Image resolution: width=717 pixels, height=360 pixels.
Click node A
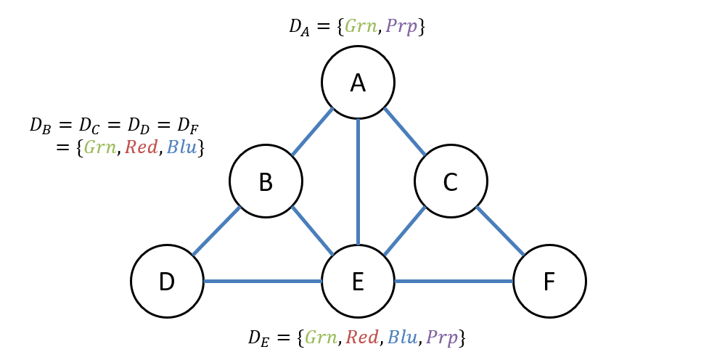(358, 83)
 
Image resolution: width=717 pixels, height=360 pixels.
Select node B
(266, 181)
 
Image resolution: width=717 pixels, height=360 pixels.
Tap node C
(451, 181)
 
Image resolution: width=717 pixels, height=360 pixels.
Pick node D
(167, 281)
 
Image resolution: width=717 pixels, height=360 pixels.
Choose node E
(358, 281)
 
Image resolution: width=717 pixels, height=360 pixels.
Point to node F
(549, 281)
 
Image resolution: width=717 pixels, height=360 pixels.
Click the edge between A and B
(312, 132)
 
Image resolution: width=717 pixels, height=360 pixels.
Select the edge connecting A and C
(405, 131)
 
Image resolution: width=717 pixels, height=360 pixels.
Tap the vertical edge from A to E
(358, 181)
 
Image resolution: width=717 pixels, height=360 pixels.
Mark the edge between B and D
(216, 232)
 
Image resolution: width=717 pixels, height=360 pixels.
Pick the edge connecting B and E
(313, 231)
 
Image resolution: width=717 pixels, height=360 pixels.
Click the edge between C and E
(404, 232)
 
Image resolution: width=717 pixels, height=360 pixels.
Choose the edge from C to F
(500, 231)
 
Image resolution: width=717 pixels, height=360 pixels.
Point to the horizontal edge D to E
(263, 281)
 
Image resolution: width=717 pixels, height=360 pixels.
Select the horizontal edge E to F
(454, 281)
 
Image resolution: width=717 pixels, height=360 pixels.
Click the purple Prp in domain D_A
(401, 27)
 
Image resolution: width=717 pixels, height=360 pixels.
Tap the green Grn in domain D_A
(361, 27)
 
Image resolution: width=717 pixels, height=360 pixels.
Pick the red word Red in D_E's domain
(362, 337)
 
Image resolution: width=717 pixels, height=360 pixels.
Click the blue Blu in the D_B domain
(181, 148)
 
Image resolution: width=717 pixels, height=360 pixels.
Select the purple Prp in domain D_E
(442, 337)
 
